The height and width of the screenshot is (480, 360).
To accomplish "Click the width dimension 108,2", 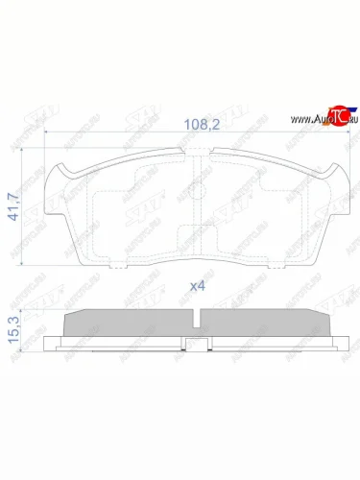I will pyautogui.click(x=200, y=123).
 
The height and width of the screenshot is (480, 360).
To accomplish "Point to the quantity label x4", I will pyautogui.click(x=199, y=285).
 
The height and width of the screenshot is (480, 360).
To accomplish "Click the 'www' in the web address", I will pyautogui.click(x=296, y=119).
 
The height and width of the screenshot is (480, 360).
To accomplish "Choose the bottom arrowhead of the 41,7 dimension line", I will pyautogui.click(x=27, y=261).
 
